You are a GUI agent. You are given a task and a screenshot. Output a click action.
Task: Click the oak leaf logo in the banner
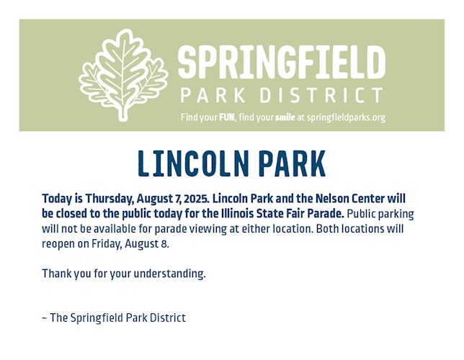click(123, 75)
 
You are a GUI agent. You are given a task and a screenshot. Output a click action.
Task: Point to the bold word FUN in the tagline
click(227, 117)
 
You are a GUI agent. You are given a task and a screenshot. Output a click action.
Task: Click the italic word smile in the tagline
click(285, 117)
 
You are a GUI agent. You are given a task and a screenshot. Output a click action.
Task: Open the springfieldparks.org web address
click(347, 118)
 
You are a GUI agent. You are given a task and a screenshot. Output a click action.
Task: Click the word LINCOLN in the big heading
click(192, 163)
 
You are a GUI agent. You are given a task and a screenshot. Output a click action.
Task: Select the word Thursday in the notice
click(108, 199)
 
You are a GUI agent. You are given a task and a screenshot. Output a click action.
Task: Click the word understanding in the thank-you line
click(169, 274)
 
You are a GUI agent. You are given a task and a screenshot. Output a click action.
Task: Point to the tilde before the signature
click(45, 318)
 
